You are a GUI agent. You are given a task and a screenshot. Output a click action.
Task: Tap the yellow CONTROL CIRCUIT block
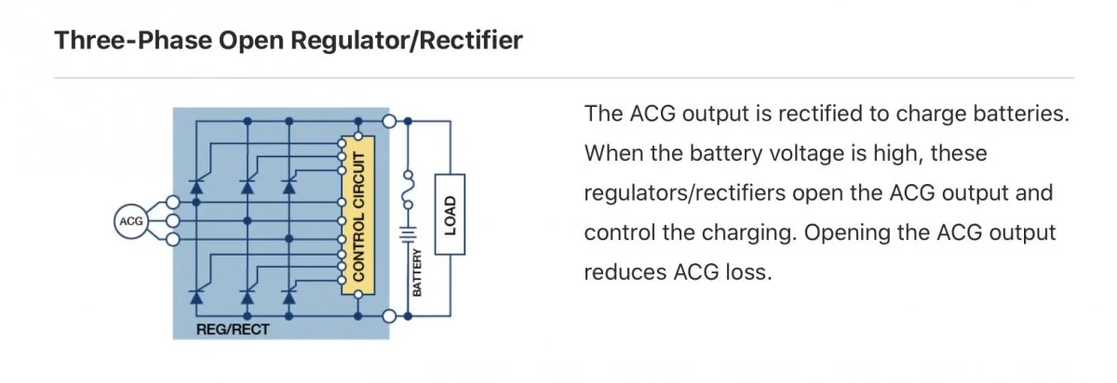coord(357,214)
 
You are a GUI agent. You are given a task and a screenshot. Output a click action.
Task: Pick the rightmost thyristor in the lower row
coord(289,296)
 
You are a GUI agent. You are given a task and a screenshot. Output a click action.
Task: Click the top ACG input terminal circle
coord(170,202)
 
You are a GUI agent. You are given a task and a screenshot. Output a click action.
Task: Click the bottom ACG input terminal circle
coord(170,239)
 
